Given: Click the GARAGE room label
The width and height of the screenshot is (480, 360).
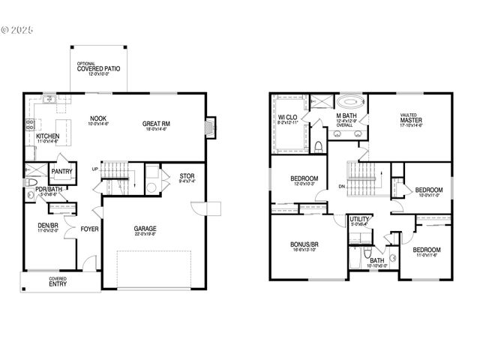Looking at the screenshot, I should (145, 229).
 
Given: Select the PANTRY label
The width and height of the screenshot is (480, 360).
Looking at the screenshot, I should (61, 172).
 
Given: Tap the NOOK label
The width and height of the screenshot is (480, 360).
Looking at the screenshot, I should (98, 118).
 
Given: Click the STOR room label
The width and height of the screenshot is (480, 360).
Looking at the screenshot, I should (187, 177).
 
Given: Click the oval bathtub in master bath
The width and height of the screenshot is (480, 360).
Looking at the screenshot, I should (349, 101).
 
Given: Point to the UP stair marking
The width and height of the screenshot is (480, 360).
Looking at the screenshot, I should (94, 169).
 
